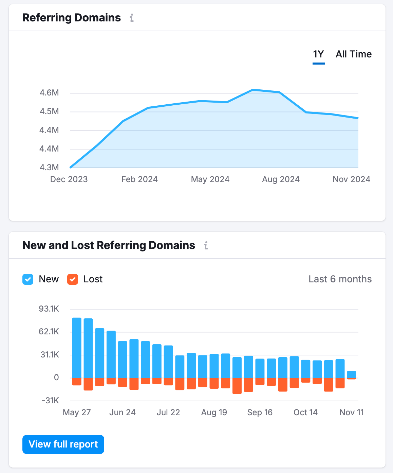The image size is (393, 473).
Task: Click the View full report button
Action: tap(63, 444)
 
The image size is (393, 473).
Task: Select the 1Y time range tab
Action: tap(318, 54)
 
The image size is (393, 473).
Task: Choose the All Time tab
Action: tap(353, 54)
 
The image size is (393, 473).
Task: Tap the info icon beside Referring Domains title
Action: tap(132, 18)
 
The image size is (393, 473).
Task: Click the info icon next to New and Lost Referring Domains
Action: tap(206, 245)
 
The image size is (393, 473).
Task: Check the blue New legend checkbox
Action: tap(28, 279)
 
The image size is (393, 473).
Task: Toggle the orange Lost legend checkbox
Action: tap(73, 279)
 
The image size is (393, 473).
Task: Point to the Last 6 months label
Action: tap(340, 279)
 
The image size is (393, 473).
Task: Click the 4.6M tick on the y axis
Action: tap(49, 93)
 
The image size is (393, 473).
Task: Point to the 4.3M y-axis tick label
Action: tap(49, 167)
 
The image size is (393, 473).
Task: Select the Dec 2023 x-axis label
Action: tap(69, 179)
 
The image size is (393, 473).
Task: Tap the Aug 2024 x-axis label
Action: tap(281, 179)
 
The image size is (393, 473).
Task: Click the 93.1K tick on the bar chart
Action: tap(49, 309)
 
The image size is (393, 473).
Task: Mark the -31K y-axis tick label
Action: tap(50, 400)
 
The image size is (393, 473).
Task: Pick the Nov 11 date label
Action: tap(351, 413)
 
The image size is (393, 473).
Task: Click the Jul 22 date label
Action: tap(168, 413)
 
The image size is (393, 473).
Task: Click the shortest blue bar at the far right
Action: tap(351, 374)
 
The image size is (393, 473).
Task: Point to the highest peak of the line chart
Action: tap(253, 90)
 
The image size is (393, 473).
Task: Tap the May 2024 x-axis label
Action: tap(210, 179)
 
